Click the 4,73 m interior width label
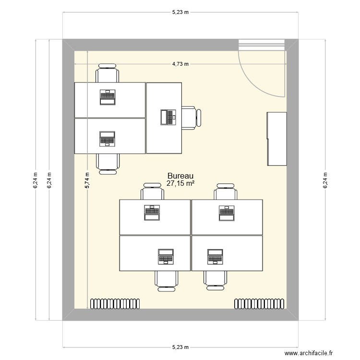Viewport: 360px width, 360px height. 180,64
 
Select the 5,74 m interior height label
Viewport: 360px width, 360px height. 87,181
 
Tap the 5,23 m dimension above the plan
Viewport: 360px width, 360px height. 180,12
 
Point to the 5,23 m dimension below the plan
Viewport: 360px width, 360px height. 180,347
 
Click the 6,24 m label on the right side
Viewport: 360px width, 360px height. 325,181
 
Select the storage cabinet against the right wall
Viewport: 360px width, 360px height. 276,139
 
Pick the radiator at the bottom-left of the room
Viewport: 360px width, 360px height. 114,303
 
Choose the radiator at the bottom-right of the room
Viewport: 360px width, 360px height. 259,303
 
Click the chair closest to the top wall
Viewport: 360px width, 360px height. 107,73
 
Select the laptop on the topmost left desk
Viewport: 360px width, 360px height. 107,97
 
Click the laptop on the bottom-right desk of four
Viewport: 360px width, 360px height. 215,257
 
